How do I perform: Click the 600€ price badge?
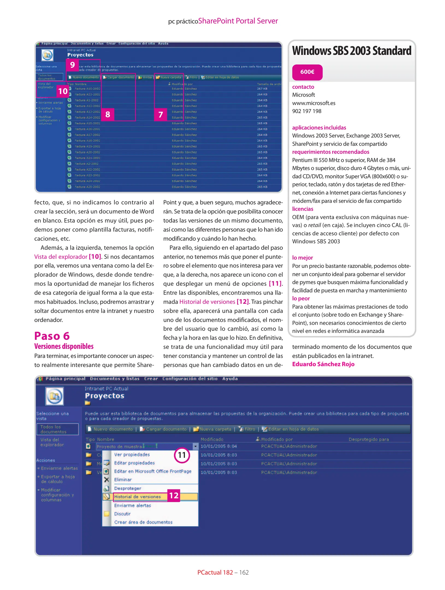tap(307, 72)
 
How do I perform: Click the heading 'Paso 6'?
tap(52, 336)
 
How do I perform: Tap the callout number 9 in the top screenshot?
tap(72, 65)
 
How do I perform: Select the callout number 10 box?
tap(63, 91)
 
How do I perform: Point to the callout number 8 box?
tap(108, 114)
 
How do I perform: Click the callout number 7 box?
tap(161, 114)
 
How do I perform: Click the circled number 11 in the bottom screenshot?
tap(182, 455)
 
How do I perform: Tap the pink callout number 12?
tap(174, 495)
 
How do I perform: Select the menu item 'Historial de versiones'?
tap(137, 497)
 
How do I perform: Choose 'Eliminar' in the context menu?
tap(123, 480)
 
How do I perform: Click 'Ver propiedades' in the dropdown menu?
tap(132, 455)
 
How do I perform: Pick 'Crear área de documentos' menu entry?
tap(143, 522)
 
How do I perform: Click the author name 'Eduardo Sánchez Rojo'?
tap(323, 364)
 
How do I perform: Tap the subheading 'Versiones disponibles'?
tap(64, 346)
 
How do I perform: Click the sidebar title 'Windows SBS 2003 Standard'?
tap(352, 51)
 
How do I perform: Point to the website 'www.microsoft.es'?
tap(314, 103)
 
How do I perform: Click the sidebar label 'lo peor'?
tap(301, 298)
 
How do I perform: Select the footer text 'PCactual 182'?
tap(215, 572)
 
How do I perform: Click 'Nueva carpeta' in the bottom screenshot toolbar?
tap(215, 429)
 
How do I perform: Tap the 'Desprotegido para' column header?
tap(369, 439)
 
